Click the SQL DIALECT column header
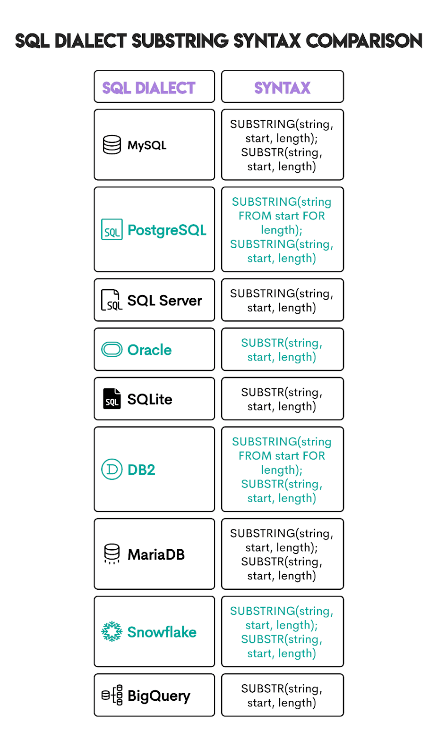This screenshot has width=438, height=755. click(149, 88)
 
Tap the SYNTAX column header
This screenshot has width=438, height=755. click(282, 88)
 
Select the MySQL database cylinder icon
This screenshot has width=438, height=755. click(112, 145)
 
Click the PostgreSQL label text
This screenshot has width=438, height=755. click(167, 230)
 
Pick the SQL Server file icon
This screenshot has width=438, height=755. click(112, 300)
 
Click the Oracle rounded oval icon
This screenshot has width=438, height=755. click(112, 350)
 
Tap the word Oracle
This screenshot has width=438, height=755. click(149, 350)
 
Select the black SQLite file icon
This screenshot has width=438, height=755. click(112, 399)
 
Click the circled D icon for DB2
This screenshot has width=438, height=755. click(112, 469)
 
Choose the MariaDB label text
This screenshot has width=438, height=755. click(156, 554)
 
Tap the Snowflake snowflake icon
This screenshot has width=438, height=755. click(112, 631)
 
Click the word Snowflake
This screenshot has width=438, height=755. click(162, 632)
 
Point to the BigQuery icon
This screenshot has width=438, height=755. click(112, 695)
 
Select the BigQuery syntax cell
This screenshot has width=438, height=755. click(282, 695)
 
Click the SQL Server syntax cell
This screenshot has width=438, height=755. click(282, 300)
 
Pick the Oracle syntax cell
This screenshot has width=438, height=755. click(282, 350)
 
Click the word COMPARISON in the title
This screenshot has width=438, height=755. click(364, 41)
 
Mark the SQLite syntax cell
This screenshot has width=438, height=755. click(282, 399)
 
